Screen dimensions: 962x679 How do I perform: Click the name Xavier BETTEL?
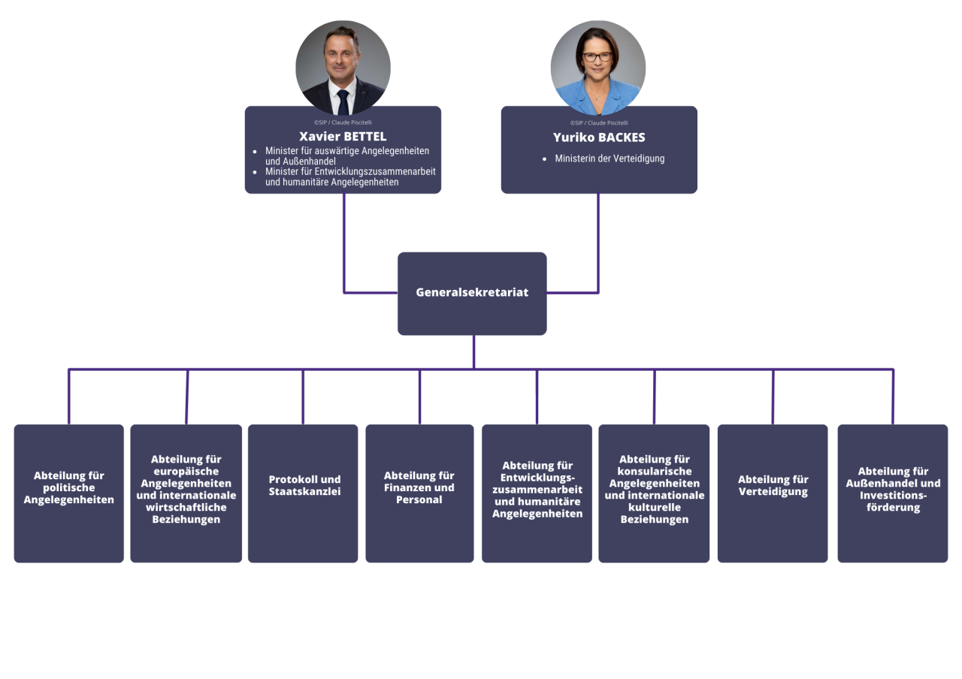(343, 137)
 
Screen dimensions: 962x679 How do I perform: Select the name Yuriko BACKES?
(599, 137)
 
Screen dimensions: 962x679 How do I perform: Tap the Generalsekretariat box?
(472, 294)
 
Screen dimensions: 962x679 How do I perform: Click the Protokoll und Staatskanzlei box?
(303, 493)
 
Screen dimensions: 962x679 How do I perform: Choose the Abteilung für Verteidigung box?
(773, 493)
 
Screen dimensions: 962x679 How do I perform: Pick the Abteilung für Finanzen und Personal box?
(419, 493)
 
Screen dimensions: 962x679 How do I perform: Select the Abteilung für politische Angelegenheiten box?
(68, 493)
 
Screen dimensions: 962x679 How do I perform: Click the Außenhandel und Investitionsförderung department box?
(892, 493)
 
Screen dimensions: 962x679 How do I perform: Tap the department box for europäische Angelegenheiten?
(186, 493)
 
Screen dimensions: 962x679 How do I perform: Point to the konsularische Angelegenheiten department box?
(654, 493)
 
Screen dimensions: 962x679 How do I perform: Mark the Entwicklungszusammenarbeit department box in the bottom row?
(537, 493)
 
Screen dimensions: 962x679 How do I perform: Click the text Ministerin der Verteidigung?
(610, 158)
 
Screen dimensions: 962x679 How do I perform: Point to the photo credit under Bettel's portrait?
(343, 122)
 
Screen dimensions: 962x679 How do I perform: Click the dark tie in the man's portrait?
(343, 101)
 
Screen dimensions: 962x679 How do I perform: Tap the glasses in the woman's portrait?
(597, 56)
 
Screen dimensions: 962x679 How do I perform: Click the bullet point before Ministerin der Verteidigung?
(545, 158)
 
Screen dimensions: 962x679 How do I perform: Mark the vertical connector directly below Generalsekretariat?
(473, 352)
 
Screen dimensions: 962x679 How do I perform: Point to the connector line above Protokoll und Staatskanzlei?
(303, 397)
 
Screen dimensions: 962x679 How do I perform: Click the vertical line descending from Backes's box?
(597, 243)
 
